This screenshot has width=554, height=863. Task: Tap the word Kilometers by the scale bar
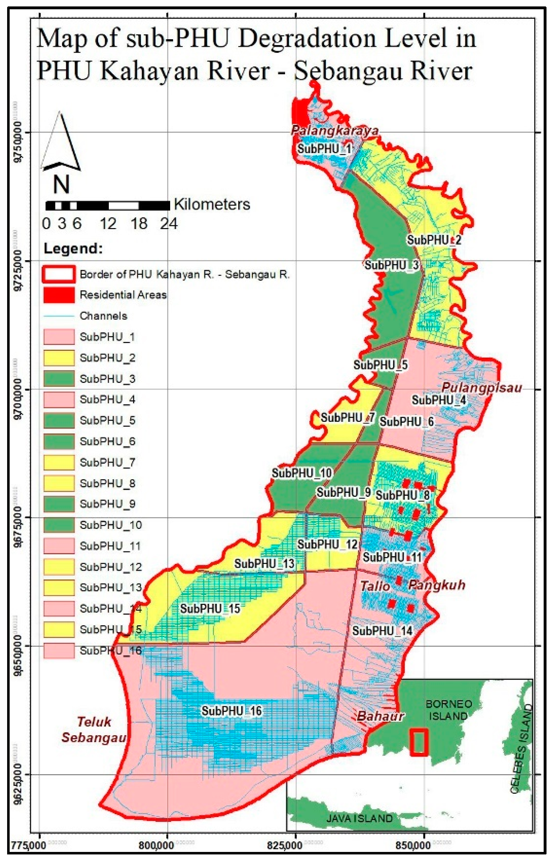(x=212, y=205)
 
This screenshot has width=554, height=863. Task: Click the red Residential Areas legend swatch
(x=59, y=295)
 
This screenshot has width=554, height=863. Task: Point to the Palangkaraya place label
(x=334, y=130)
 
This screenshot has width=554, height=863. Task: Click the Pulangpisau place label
(x=481, y=388)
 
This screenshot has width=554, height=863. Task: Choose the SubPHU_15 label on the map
(x=210, y=609)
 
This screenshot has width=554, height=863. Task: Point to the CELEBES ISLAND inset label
(x=521, y=748)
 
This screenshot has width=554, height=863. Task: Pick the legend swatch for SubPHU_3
(x=59, y=379)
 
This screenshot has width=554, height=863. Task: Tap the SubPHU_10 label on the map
(x=301, y=473)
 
